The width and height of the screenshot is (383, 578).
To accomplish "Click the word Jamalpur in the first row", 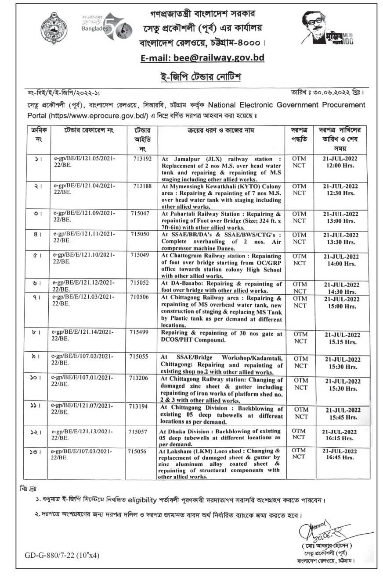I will click(x=188, y=158).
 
